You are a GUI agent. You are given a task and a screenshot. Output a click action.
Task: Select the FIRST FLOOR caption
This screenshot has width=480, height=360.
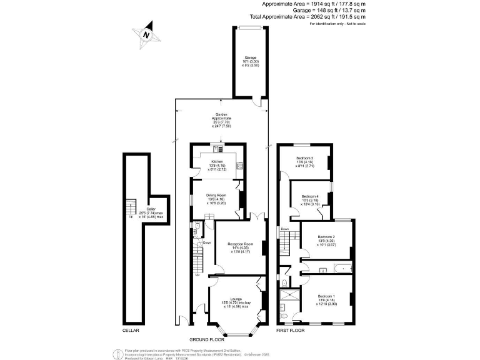291,329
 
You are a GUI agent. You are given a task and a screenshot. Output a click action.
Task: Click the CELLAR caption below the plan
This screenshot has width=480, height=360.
131,329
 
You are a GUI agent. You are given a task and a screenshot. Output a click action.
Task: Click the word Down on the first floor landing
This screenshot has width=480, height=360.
285,229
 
